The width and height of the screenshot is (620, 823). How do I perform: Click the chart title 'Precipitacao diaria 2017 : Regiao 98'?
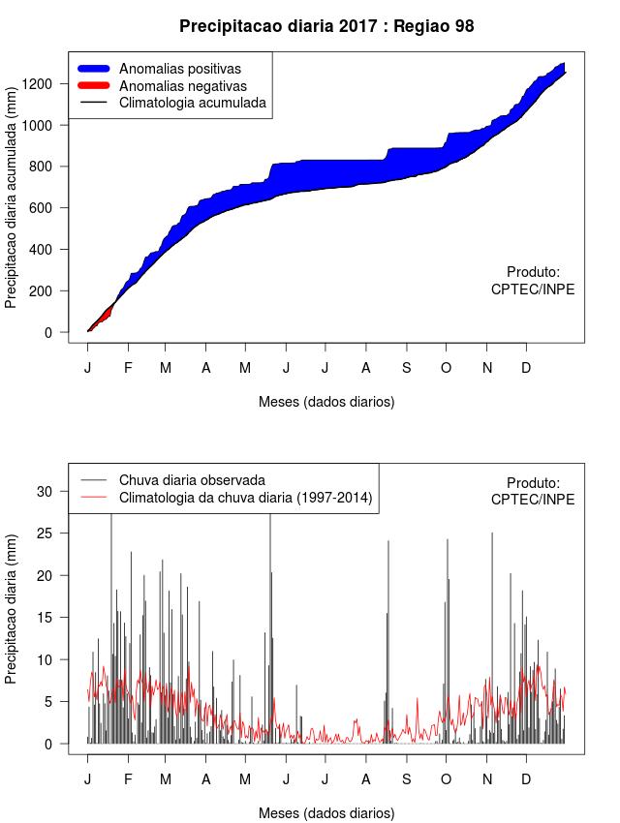326,26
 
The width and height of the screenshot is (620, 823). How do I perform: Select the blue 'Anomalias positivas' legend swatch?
96,69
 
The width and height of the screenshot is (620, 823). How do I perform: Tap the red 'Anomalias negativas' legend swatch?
96,86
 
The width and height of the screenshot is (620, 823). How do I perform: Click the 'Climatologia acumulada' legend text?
192,103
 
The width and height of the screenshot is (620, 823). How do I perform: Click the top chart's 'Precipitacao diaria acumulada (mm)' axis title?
12,203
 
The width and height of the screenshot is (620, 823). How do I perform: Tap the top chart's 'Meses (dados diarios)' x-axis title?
326,401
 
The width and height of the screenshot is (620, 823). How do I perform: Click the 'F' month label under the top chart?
128,368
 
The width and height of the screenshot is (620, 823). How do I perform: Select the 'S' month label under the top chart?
407,368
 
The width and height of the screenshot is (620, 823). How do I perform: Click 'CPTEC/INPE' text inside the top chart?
532,290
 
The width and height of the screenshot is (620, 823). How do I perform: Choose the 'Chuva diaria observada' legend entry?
192,479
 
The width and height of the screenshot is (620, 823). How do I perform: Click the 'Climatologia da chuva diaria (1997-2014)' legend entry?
245,498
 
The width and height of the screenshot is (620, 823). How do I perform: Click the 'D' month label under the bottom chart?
526,779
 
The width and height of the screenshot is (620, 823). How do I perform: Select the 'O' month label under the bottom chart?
446,779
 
